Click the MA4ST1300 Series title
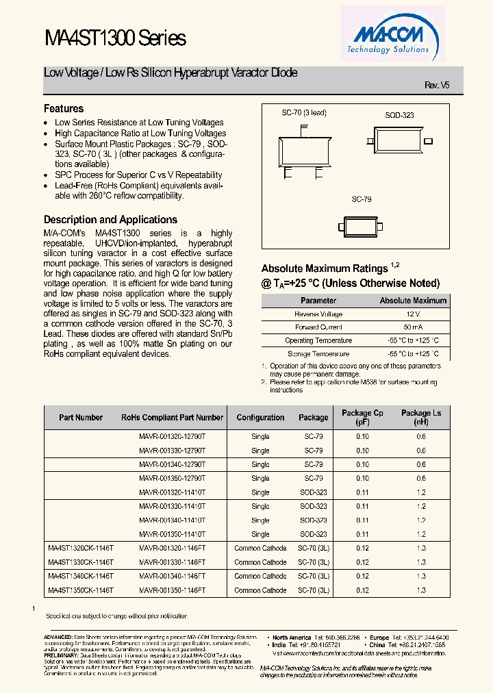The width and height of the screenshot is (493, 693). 114,38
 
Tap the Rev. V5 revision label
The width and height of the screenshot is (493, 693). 437,85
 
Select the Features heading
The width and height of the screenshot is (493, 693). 64,109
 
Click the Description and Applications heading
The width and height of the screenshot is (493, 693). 110,220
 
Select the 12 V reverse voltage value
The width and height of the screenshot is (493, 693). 413,314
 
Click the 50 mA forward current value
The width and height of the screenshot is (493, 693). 413,327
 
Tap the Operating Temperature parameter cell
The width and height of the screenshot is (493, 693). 318,340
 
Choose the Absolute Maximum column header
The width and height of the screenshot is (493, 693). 413,301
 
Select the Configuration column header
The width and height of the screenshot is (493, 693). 260,417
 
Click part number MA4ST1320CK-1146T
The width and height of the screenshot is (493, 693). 81,548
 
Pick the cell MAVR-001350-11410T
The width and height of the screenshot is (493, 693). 172,534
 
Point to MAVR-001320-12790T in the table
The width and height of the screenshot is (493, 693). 172,436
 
